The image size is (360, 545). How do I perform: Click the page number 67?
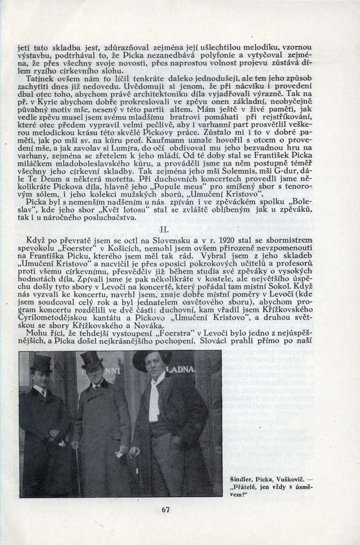(165, 510)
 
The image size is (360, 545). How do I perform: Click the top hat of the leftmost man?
(41, 363)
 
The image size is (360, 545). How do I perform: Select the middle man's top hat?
(92, 360)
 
